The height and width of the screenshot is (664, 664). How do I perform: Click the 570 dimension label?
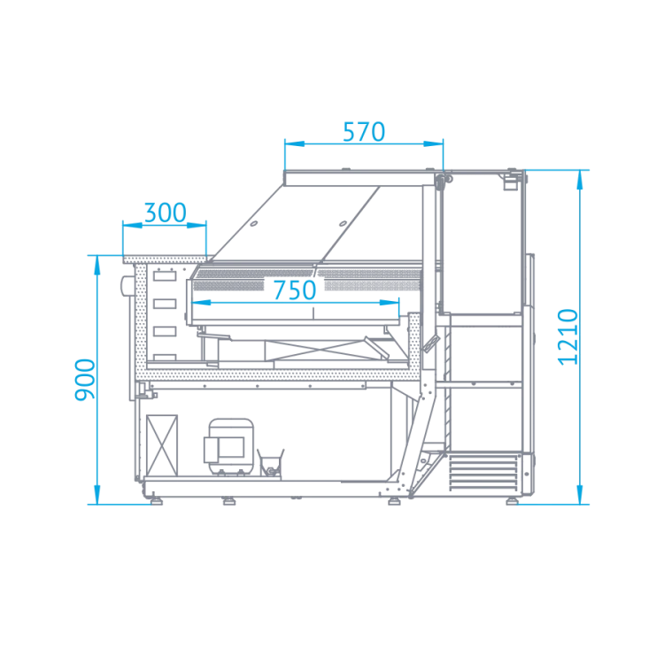pyautogui.click(x=364, y=132)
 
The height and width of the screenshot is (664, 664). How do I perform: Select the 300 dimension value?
pyautogui.click(x=166, y=212)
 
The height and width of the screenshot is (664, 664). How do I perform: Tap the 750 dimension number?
pyautogui.click(x=295, y=290)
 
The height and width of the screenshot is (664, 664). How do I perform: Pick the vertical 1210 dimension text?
pyautogui.click(x=567, y=337)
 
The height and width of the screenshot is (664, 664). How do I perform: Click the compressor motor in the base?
pyautogui.click(x=229, y=447)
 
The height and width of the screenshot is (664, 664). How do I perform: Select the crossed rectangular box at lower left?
pyautogui.click(x=162, y=445)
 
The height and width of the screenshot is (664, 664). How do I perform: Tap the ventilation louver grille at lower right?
pyautogui.click(x=483, y=473)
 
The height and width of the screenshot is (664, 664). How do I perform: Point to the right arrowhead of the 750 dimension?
pyautogui.click(x=390, y=303)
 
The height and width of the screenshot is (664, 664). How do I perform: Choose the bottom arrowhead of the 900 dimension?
pyautogui.click(x=97, y=495)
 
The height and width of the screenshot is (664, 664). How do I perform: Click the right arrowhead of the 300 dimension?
pyautogui.click(x=197, y=225)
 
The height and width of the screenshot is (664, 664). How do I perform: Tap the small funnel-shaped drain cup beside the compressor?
pyautogui.click(x=271, y=462)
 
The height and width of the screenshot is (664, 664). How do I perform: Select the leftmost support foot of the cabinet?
pyautogui.click(x=157, y=501)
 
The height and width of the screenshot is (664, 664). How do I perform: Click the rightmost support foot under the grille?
pyautogui.click(x=512, y=501)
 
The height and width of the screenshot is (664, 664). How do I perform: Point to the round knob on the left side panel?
pyautogui.click(x=127, y=285)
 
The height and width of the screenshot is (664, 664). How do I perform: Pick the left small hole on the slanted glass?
pyautogui.click(x=254, y=223)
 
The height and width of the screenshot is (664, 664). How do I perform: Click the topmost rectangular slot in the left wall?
pyautogui.click(x=165, y=276)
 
